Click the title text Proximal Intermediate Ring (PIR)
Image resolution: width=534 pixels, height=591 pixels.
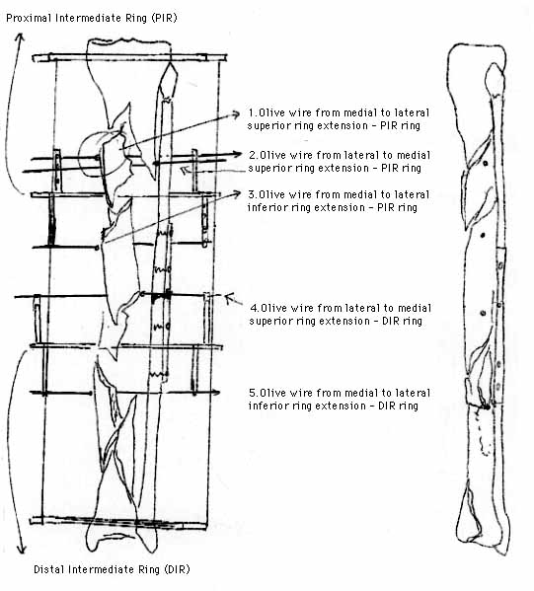(x=92, y=18)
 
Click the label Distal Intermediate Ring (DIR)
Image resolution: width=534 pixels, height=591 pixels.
(x=112, y=569)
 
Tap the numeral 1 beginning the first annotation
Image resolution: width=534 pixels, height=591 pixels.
(x=252, y=112)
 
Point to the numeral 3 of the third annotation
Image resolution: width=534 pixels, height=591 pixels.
(x=252, y=194)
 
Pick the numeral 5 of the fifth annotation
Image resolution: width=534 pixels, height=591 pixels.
(x=252, y=393)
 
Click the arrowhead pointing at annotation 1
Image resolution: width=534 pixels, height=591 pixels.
(x=236, y=113)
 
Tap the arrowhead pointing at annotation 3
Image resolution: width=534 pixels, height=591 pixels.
(x=237, y=193)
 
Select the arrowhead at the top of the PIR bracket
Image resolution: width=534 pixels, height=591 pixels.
(x=20, y=37)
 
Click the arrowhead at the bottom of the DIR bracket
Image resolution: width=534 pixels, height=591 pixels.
(x=21, y=550)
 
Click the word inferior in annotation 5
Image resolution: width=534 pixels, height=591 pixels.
(x=265, y=406)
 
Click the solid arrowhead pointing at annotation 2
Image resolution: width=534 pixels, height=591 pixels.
(x=237, y=154)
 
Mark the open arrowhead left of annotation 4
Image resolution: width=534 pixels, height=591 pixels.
(x=229, y=298)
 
